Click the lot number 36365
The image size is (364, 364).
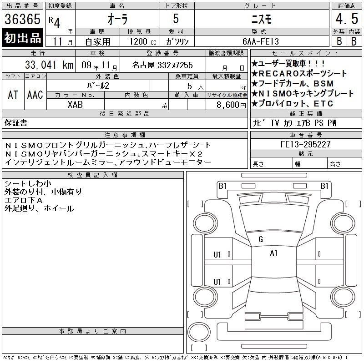(x=22, y=19)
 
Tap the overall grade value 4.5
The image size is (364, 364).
(x=347, y=19)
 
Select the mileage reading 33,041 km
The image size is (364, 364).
(x=49, y=65)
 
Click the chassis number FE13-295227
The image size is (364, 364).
(x=305, y=144)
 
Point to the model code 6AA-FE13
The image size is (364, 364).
(x=260, y=41)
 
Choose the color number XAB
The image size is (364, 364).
(x=75, y=105)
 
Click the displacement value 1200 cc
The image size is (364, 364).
(x=143, y=42)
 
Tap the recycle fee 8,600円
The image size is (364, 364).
(x=231, y=105)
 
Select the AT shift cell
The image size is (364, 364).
(x=13, y=95)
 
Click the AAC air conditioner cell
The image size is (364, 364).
(x=35, y=95)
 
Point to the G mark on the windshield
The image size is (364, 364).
(x=261, y=239)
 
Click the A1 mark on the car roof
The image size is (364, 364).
(x=274, y=253)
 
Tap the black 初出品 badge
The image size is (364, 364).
(x=22, y=38)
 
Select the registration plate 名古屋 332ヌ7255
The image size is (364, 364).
(x=162, y=65)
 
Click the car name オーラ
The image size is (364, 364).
(x=117, y=19)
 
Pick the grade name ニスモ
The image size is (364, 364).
(x=262, y=19)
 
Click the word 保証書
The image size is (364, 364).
(x=16, y=123)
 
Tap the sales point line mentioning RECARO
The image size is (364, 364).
(x=299, y=74)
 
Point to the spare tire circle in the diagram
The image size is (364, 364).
(x=199, y=332)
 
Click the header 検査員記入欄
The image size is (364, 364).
(x=93, y=175)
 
